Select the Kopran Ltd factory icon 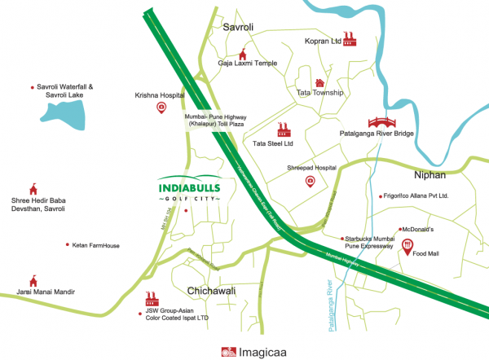point(350,37)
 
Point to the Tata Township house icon point(320,82)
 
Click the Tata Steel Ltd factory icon point(284,130)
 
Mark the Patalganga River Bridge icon point(377,121)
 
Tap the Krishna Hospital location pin point(161,107)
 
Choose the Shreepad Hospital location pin point(310,181)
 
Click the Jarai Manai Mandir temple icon point(33,280)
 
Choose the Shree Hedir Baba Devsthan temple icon point(33,188)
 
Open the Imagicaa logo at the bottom point(244,352)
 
